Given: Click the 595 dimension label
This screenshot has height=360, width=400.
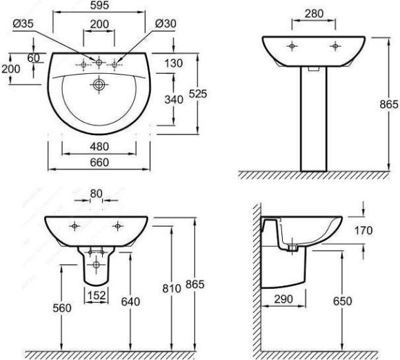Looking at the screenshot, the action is (99, 6).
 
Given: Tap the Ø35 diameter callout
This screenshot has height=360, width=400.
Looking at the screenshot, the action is (23, 23).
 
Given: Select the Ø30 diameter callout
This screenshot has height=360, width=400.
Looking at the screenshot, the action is (166, 23).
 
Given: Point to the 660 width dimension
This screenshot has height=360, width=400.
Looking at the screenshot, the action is (99, 162).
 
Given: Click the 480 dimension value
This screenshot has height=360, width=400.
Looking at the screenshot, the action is (99, 147).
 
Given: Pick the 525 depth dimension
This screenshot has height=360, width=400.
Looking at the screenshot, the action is (198, 94).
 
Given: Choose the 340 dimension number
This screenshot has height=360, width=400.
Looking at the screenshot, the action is (174, 99).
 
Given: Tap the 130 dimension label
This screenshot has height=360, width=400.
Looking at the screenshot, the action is (174, 63).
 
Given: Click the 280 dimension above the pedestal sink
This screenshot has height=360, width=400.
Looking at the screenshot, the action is (314, 14).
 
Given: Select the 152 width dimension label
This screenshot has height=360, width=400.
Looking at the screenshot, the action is (97, 295).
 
